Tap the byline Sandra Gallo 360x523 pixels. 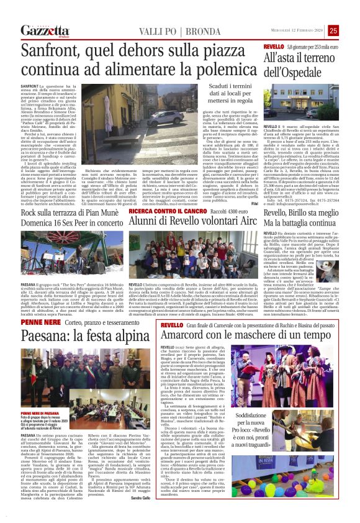[140, 516]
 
